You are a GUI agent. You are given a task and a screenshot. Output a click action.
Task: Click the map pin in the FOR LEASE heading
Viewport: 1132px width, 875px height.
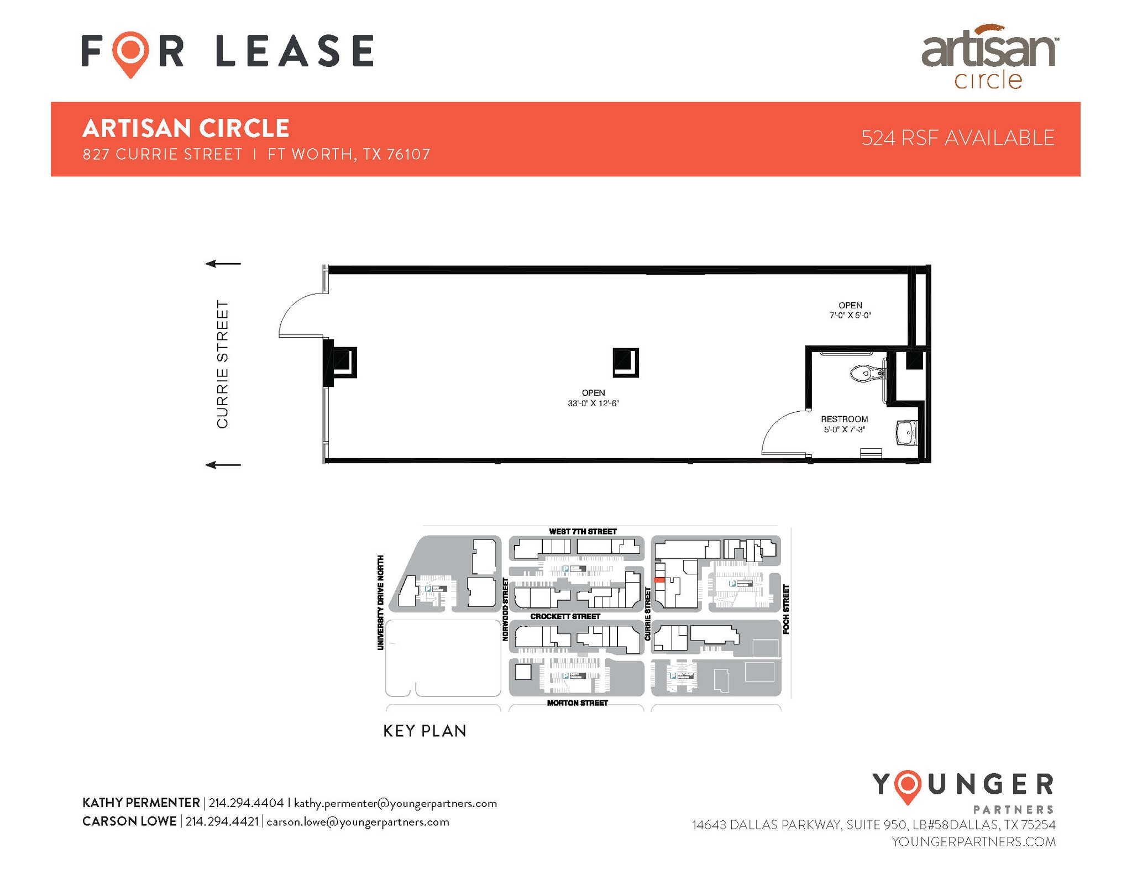tap(130, 53)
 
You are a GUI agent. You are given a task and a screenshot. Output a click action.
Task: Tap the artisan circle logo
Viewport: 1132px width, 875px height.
tap(989, 57)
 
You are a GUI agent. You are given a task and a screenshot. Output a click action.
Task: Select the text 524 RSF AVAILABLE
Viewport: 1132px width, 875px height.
tap(957, 138)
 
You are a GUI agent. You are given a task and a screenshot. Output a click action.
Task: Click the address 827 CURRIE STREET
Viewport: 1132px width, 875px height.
tap(163, 154)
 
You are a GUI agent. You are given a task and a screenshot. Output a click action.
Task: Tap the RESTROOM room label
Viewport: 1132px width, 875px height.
tap(844, 419)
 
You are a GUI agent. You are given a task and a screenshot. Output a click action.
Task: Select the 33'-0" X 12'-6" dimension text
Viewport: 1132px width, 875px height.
tap(593, 404)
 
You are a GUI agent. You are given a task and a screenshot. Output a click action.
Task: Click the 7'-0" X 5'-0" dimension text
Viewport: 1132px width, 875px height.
tap(850, 316)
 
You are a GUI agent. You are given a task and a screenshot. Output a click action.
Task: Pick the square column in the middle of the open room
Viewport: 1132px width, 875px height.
tap(626, 363)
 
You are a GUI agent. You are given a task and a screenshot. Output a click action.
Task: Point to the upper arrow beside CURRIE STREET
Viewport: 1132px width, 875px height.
tap(223, 264)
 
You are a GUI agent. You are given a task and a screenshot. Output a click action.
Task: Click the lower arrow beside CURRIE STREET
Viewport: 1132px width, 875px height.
tap(223, 465)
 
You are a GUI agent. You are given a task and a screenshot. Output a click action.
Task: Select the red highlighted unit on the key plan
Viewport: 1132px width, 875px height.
tap(659, 580)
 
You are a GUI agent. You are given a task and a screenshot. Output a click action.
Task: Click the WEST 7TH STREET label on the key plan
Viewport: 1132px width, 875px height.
tap(583, 532)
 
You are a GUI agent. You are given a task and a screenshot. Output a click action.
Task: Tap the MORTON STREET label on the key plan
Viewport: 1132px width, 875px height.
tap(577, 703)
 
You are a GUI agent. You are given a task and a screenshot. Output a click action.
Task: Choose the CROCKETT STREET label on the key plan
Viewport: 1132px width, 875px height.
tap(565, 616)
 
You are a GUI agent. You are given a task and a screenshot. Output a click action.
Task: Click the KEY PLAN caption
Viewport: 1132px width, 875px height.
tap(424, 731)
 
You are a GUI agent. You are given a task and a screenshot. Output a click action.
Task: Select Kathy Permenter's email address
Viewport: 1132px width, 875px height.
tap(395, 803)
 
